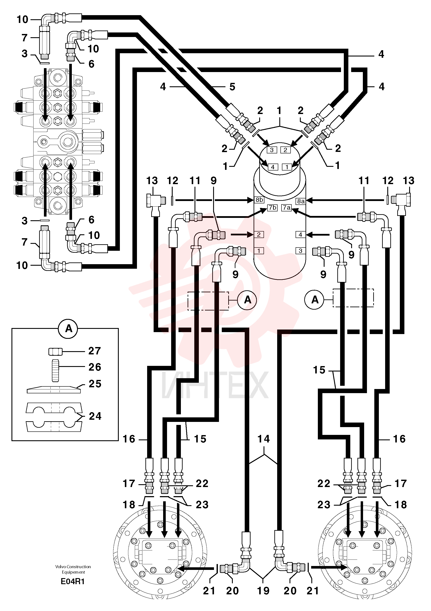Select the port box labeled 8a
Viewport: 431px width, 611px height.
(x=301, y=201)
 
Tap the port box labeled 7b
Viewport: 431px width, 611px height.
(x=272, y=207)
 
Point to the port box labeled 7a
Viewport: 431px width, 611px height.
(x=286, y=207)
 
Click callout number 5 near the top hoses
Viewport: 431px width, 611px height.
(x=232, y=87)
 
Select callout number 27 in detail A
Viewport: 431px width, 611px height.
(x=95, y=351)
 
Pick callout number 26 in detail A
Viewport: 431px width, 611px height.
(x=95, y=367)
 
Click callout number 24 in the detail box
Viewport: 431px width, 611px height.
(x=95, y=416)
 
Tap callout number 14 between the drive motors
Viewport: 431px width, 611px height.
(x=263, y=439)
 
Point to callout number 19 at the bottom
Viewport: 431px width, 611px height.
(x=263, y=591)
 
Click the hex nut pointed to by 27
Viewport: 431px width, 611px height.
(x=55, y=352)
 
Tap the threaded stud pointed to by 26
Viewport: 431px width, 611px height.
(x=55, y=370)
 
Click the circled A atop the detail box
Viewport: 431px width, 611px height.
(x=69, y=329)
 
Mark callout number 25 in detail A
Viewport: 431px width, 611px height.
(x=95, y=384)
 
